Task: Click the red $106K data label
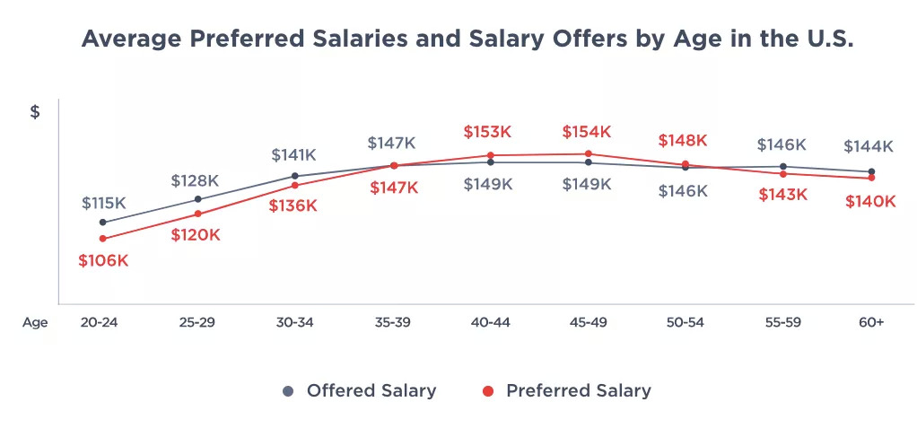103,261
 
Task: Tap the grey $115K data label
103,203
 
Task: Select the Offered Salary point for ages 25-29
198,199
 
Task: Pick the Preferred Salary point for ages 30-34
295,185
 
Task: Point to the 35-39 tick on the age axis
391,323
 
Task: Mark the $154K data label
586,132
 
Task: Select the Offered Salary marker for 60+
870,171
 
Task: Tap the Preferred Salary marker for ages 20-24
103,239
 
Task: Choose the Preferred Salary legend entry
566,391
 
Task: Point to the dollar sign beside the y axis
35,112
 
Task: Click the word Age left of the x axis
35,323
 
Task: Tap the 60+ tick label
869,323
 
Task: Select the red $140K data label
870,202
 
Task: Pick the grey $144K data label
869,146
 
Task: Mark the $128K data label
196,181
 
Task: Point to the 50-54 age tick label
683,323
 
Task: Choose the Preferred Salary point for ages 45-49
588,153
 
